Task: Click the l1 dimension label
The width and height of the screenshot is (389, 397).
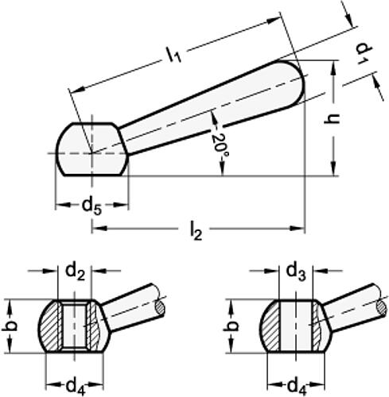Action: [x=173, y=54]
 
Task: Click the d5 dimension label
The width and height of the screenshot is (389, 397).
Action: [x=91, y=206]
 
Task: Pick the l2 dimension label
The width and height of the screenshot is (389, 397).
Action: [x=196, y=232]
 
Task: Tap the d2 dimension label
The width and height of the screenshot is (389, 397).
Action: [x=76, y=272]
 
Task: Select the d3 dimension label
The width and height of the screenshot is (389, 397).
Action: [x=296, y=272]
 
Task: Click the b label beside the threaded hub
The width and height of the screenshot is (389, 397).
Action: [x=10, y=326]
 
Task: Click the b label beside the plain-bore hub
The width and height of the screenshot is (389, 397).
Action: [x=231, y=326]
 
